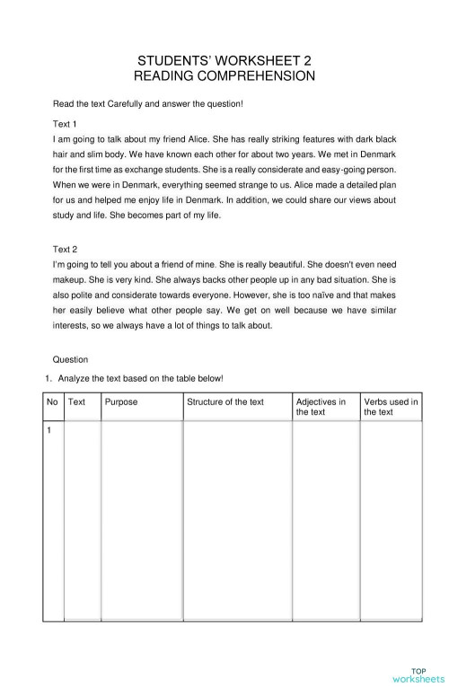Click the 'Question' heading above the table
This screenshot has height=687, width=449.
point(70,359)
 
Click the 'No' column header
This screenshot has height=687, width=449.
point(52,401)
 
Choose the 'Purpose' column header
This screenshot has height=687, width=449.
point(121,401)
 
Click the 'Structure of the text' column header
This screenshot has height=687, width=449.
point(225,401)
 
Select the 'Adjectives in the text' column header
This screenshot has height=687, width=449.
point(321,407)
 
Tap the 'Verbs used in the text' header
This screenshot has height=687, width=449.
point(391,407)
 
